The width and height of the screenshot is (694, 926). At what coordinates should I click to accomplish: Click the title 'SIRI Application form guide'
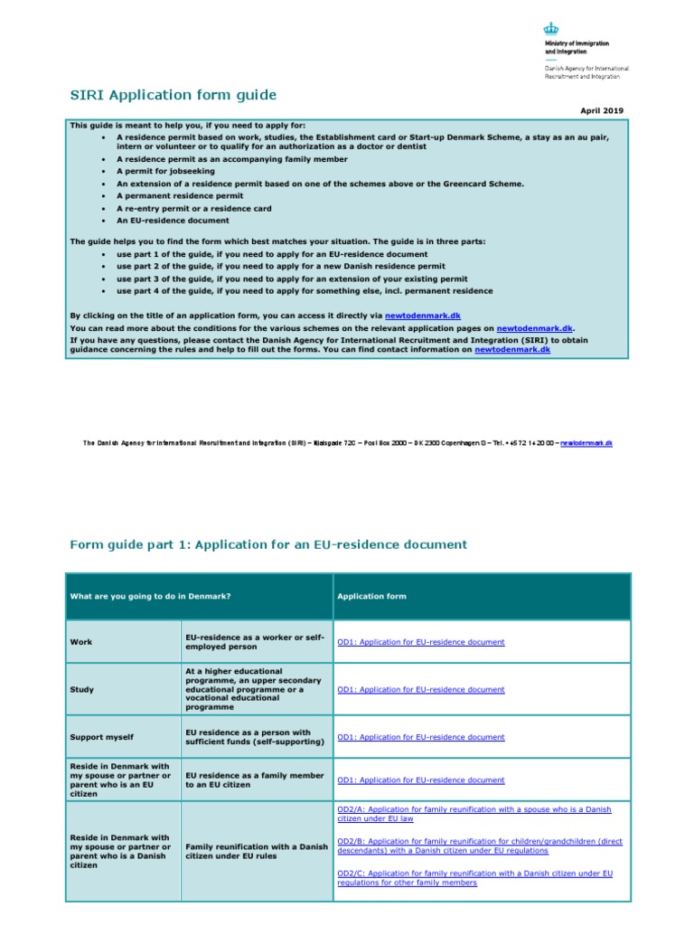pos(173,95)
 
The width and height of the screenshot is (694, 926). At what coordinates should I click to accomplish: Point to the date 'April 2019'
pos(601,110)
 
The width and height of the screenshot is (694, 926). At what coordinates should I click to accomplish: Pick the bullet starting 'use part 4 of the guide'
pos(305,291)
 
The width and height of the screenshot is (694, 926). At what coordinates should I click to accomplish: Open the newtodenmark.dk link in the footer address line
pos(586,443)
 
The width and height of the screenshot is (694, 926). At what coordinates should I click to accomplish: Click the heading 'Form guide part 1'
pos(268,544)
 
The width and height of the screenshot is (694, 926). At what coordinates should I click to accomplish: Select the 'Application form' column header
pos(371,597)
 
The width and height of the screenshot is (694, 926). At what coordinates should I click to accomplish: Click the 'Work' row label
pos(80,642)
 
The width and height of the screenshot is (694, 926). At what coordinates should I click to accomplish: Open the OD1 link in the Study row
pos(420,689)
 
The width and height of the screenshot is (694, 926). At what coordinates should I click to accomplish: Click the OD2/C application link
pos(474,877)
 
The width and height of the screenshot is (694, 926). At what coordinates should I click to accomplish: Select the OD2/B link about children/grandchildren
pos(479,846)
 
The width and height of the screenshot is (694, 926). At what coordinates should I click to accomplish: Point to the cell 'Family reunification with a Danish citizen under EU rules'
pos(256,851)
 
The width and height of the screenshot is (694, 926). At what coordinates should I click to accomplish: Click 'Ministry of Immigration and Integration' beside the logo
pos(576,47)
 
